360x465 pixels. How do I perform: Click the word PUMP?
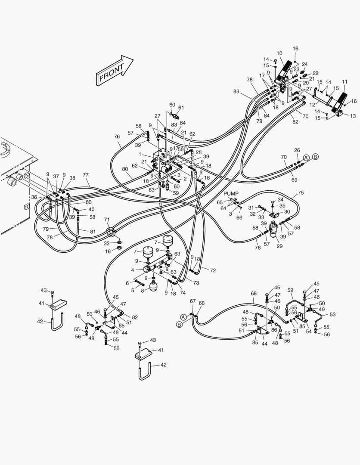click(x=230, y=194)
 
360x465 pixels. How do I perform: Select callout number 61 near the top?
click(x=181, y=108)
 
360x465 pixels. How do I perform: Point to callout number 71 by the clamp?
click(x=107, y=220)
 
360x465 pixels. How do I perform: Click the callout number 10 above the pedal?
click(x=279, y=53)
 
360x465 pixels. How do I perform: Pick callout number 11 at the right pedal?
click(x=344, y=82)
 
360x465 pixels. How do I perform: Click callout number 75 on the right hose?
click(x=301, y=193)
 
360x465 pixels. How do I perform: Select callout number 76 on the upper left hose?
click(x=117, y=136)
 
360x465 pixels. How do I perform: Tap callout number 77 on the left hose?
click(x=85, y=175)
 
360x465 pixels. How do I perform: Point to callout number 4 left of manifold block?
click(x=133, y=270)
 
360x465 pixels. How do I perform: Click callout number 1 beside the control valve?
click(x=140, y=154)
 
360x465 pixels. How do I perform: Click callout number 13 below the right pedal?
click(x=353, y=116)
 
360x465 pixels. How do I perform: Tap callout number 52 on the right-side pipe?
click(x=290, y=290)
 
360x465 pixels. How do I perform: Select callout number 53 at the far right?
click(x=332, y=314)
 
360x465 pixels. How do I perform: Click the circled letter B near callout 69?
click(x=315, y=157)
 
